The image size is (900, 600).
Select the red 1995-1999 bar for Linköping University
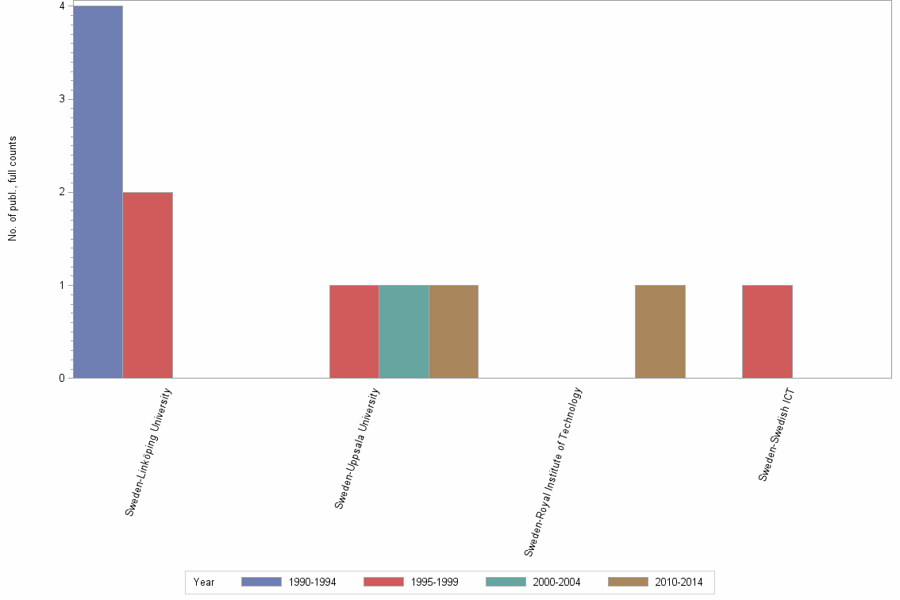pos(148,285)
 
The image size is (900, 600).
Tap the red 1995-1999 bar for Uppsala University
pos(354,331)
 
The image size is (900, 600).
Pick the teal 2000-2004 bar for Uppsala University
pos(404,331)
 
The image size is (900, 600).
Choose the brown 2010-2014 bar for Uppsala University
pos(453,331)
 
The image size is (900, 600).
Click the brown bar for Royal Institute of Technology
pos(660,331)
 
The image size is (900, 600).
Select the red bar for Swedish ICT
pos(767,331)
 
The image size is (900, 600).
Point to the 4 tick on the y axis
pos(61,6)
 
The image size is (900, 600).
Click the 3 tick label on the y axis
pos(61,99)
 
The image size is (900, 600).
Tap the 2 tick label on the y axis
pos(61,192)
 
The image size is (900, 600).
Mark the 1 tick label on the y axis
pos(61,285)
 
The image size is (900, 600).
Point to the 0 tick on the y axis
pos(61,378)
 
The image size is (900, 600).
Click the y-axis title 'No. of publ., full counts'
pos(13,189)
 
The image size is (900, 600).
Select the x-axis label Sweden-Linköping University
pos(148,452)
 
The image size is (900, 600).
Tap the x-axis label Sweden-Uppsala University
pos(356,448)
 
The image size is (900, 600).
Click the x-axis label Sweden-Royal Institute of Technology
pos(553,471)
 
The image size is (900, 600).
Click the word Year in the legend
pos(204,582)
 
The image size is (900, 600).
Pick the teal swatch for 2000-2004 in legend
pos(506,582)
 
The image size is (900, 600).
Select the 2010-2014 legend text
pos(679,582)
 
